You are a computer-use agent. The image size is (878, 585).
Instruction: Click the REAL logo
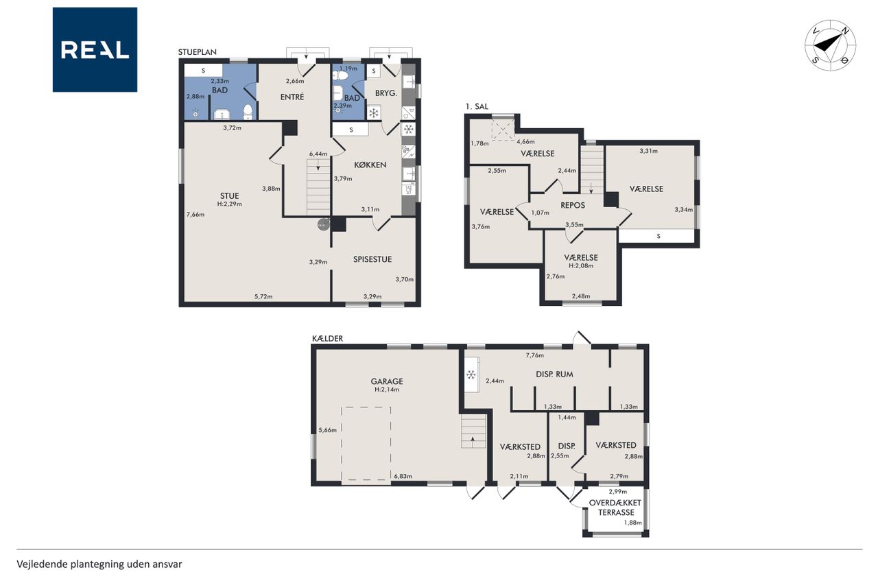coord(95,50)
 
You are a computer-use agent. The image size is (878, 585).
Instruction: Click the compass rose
coord(830,45)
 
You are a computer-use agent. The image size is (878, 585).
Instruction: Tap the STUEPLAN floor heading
coord(197,52)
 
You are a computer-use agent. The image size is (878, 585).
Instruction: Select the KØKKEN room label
coord(370,165)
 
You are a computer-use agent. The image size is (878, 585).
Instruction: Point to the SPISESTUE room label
coord(372,259)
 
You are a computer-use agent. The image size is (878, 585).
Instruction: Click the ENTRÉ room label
coord(292,97)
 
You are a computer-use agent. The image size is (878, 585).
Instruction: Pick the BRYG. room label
coord(386,93)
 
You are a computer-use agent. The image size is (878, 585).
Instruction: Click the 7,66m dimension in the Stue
coord(195,215)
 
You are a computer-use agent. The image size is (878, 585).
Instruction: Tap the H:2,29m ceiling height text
coord(229,204)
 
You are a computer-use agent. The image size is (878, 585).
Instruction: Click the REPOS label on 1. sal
coord(573,205)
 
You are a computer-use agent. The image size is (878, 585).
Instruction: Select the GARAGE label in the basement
coord(387,381)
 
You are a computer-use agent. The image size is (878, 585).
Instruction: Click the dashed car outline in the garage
coord(366,443)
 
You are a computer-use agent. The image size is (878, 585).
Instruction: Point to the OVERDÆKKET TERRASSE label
coord(615,508)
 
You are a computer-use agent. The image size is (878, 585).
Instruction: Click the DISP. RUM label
coord(554,374)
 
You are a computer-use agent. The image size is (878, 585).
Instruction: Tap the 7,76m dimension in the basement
coord(534,355)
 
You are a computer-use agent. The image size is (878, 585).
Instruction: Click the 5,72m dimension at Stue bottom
coord(263,296)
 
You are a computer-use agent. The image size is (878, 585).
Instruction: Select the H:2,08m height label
coord(581,265)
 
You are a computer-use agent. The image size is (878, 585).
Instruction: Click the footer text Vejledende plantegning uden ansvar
coord(99,564)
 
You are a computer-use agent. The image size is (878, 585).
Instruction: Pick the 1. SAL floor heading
coord(477,106)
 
